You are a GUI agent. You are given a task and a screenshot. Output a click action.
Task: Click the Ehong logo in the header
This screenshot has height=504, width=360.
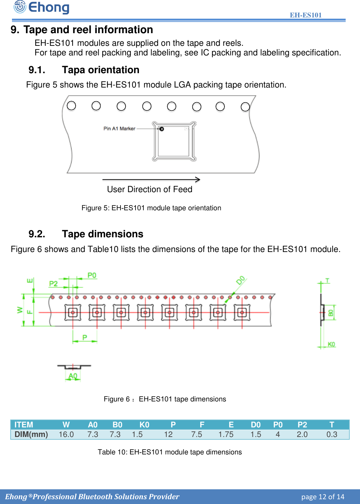click(x=41, y=7)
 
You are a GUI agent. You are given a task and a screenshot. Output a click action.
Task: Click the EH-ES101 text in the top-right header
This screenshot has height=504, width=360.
click(x=306, y=15)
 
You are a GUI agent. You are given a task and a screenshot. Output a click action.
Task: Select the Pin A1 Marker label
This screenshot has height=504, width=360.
click(x=119, y=129)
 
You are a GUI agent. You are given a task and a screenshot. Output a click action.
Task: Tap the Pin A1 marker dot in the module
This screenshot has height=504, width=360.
click(x=162, y=129)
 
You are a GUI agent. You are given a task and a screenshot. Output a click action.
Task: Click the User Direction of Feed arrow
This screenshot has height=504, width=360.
click(x=151, y=180)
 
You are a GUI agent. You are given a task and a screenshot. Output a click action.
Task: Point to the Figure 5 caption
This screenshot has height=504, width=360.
click(x=151, y=208)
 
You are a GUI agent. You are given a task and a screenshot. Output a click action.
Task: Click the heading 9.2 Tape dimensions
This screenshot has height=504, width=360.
click(x=86, y=234)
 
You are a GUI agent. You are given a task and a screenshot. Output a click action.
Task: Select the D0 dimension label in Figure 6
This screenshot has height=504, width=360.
click(x=241, y=280)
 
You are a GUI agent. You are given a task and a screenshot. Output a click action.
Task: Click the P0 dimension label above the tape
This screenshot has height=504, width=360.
click(x=92, y=275)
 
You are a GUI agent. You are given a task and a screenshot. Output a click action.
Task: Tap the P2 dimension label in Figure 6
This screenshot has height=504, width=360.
click(x=53, y=283)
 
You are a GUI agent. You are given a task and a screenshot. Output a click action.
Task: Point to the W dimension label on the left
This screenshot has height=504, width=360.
click(x=20, y=310)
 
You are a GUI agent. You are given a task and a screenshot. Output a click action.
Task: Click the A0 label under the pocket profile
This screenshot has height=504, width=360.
click(x=73, y=376)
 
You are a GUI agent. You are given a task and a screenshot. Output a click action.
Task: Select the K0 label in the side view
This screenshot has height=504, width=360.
click(x=331, y=344)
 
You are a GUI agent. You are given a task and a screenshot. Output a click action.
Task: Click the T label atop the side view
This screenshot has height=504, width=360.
click(x=327, y=281)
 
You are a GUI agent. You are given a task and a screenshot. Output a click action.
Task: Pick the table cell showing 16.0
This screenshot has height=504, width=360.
click(x=66, y=434)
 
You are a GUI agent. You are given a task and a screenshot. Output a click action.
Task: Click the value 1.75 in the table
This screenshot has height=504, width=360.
click(x=226, y=434)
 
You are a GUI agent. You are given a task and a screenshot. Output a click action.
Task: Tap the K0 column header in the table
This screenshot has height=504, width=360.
click(x=144, y=425)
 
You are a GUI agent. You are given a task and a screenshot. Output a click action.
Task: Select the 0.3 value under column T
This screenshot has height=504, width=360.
click(x=332, y=434)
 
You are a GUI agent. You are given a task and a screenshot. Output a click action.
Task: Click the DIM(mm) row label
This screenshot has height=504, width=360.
click(x=31, y=434)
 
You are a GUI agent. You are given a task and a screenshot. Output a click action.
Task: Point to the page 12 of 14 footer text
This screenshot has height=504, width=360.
click(x=323, y=497)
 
